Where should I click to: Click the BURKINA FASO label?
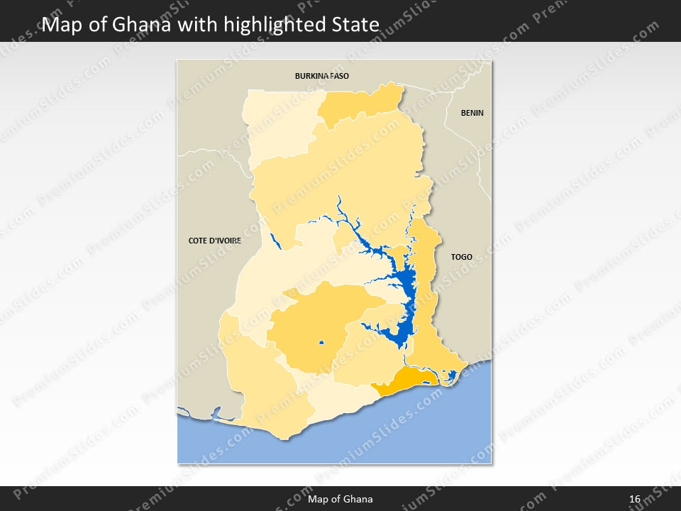pos(322,75)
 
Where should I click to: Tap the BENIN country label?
pos(472,113)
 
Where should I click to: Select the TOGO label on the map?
pos(461,257)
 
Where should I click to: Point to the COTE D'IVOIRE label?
pos(215,241)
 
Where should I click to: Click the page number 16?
pos(635,499)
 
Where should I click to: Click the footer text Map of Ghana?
pos(340,499)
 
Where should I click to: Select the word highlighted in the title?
pos(265,26)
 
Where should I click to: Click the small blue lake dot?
pos(321,344)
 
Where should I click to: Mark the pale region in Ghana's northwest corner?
pos(277,121)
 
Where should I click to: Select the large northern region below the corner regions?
pos(340,177)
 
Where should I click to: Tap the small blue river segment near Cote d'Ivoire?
pos(276,241)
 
